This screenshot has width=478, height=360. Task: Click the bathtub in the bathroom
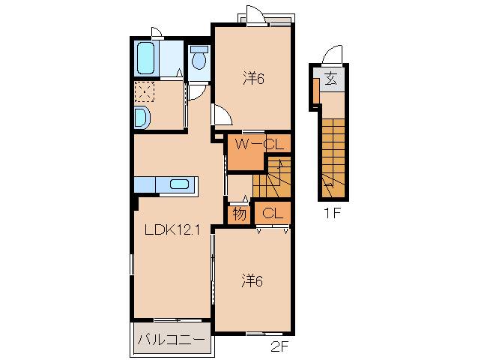click(x=145, y=58)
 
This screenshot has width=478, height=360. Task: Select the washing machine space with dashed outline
click(x=145, y=91)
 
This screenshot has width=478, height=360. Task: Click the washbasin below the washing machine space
click(x=142, y=118)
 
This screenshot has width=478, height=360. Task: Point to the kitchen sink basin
click(x=179, y=184)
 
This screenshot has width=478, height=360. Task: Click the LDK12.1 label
click(x=172, y=229)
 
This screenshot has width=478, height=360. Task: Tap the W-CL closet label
click(x=259, y=144)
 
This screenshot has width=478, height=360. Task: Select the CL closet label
click(x=273, y=213)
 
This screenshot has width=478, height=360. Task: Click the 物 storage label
click(x=239, y=214)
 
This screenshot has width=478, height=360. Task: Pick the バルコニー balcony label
click(x=171, y=340)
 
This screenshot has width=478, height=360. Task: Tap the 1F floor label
click(x=332, y=213)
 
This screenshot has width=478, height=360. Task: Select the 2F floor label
click(x=279, y=347)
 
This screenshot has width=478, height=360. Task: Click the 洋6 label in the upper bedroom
click(x=253, y=79)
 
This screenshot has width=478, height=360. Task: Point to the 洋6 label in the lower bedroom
click(x=252, y=280)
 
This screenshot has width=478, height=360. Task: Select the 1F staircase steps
click(x=333, y=158)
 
